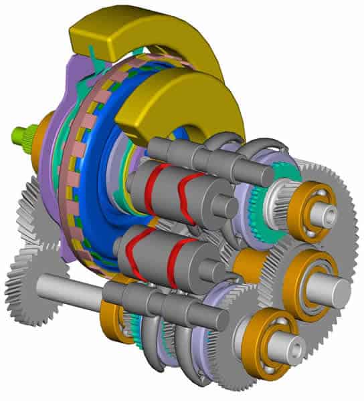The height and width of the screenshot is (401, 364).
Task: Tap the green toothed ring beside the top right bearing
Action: coord(258,200)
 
